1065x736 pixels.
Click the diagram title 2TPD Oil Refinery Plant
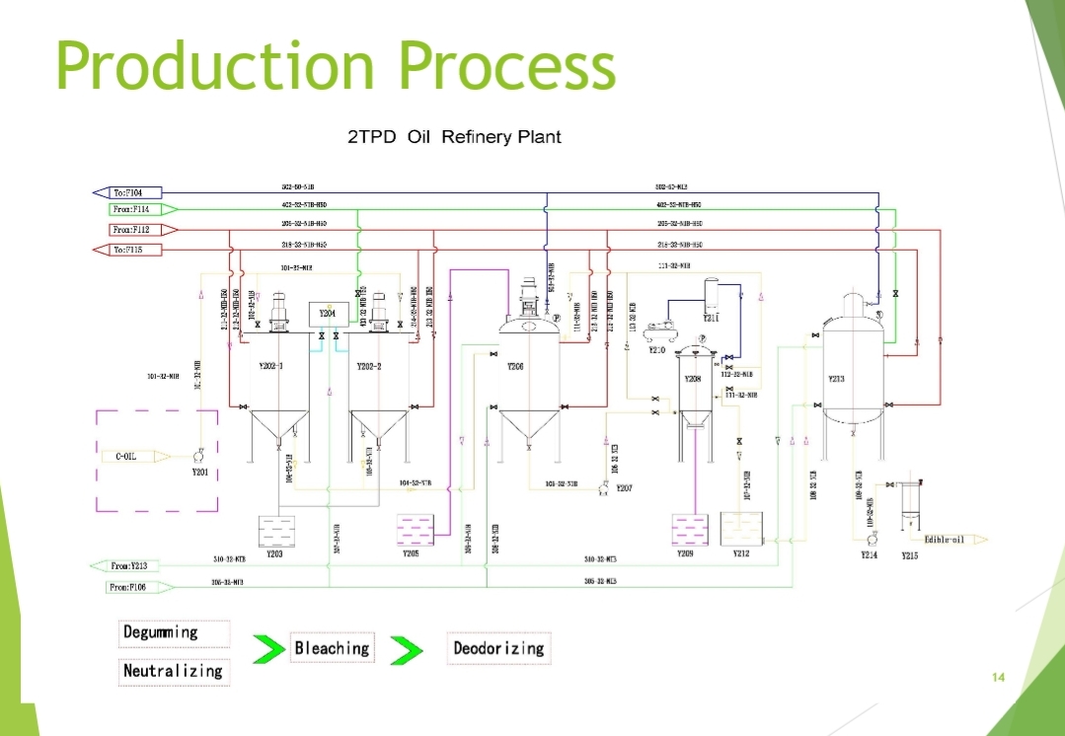(454, 137)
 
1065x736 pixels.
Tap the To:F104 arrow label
(127, 192)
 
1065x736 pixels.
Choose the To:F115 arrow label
(127, 250)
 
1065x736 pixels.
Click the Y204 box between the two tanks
(328, 314)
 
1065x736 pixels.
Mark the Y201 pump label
(200, 473)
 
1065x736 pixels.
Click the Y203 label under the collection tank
(275, 554)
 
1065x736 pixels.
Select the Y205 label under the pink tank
(412, 554)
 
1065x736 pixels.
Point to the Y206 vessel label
(515, 366)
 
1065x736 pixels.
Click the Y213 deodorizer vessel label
(836, 378)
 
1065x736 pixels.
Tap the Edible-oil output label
(944, 539)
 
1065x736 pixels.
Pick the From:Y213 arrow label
(129, 566)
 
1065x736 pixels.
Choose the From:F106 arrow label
(129, 587)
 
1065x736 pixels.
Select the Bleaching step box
(332, 648)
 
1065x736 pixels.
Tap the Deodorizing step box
(497, 648)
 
